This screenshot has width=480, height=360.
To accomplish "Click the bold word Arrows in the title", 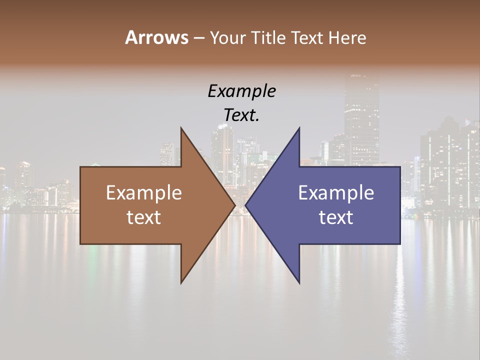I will (156, 37).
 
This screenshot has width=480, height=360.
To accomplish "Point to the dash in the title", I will (198, 38).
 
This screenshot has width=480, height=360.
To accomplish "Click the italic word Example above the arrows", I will (241, 91).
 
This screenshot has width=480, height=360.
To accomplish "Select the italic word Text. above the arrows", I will (241, 115).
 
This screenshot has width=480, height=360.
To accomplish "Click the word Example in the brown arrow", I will (144, 193).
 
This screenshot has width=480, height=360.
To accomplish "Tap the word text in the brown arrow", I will (144, 217).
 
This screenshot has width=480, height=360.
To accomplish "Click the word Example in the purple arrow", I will (336, 193).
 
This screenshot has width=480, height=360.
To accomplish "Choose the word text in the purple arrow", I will (336, 217).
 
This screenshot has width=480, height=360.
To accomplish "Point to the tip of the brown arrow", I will (234, 205).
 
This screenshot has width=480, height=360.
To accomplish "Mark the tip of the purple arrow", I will (245, 205).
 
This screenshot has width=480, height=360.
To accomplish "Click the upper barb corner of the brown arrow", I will (181, 128).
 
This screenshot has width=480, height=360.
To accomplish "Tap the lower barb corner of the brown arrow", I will (181, 282).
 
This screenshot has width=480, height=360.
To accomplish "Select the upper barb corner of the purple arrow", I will (299, 128).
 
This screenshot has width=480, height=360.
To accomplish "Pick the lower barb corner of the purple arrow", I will (299, 282).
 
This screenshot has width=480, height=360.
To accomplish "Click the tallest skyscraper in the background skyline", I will (361, 115).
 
